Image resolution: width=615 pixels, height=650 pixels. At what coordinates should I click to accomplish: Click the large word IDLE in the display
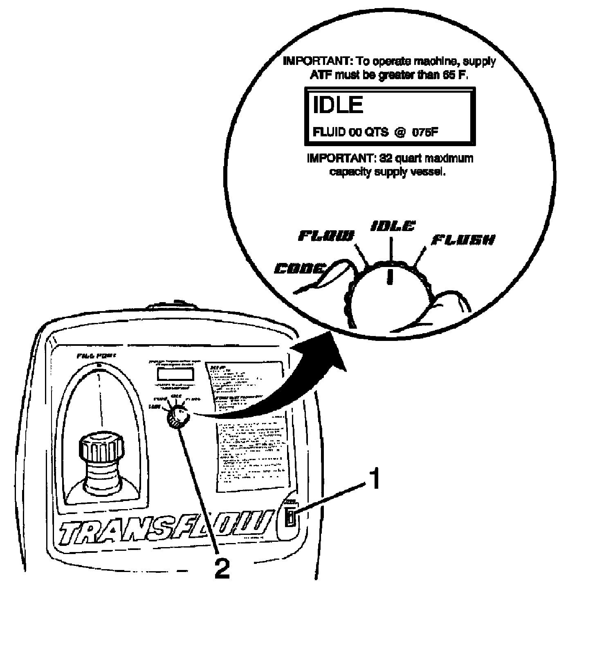pyautogui.click(x=338, y=105)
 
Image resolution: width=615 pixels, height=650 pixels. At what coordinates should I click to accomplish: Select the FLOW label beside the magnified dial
pyautogui.click(x=325, y=236)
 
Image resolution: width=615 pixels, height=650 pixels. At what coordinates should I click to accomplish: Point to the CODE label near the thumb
pyautogui.click(x=300, y=269)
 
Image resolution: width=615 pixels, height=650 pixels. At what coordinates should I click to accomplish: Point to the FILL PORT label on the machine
pyautogui.click(x=97, y=356)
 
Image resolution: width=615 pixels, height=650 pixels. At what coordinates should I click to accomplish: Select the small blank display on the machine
pyautogui.click(x=175, y=374)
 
